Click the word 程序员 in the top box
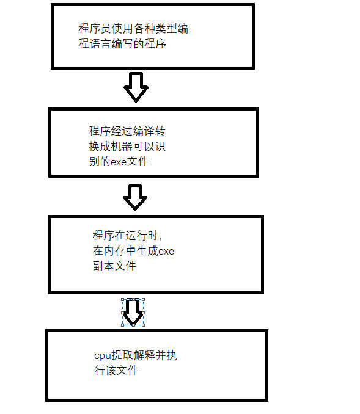click(95, 29)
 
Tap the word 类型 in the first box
click(166, 29)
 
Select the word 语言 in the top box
click(100, 43)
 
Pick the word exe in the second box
click(119, 162)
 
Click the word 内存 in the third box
click(114, 251)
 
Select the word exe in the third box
click(166, 251)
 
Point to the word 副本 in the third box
click(103, 266)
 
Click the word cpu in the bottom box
click(102, 356)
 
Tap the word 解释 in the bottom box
click(144, 355)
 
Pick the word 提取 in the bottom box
click(122, 355)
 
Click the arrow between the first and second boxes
click(136, 87)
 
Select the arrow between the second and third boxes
click(135, 197)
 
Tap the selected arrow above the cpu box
click(133, 313)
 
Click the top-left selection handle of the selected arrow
click(123, 300)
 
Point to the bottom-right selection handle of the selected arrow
click(144, 325)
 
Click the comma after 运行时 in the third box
click(160, 239)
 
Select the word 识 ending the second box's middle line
click(160, 147)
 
